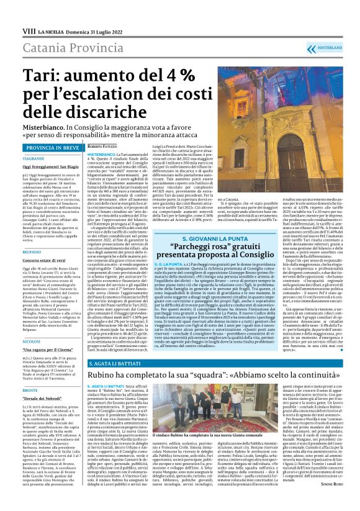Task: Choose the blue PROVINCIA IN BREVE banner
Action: point(53,148)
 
